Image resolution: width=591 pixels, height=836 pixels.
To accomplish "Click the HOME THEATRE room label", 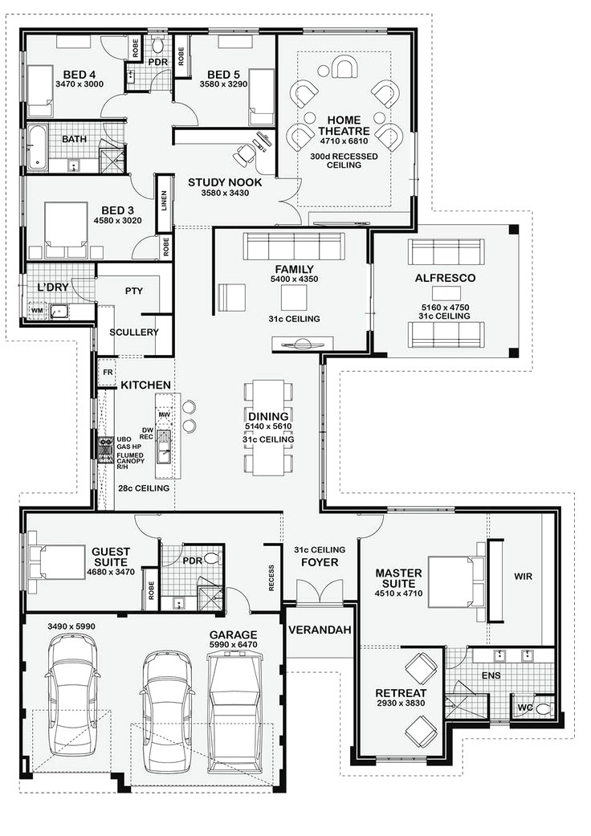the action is [x=344, y=125].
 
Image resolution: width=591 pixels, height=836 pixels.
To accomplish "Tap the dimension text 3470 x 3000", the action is [x=79, y=84].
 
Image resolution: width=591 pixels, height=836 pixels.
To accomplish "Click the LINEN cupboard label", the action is [x=164, y=201].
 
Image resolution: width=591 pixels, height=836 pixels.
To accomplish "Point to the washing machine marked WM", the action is [x=37, y=311].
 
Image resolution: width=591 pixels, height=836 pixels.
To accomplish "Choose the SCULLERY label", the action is [x=134, y=332].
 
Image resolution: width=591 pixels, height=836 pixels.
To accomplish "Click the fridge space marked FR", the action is [x=108, y=372].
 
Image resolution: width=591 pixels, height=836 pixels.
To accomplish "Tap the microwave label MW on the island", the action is [x=164, y=414].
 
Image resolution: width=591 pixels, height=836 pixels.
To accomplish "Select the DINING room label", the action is [x=268, y=416].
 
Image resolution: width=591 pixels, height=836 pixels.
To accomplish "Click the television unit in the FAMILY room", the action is [x=302, y=345].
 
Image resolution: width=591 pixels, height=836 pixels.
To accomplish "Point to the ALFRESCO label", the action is [x=445, y=278].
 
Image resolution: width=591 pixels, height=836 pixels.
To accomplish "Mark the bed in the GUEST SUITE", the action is [x=56, y=562].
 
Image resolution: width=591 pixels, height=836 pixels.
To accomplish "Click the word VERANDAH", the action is [x=320, y=630].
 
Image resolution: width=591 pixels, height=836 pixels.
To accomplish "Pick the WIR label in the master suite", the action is [x=523, y=577].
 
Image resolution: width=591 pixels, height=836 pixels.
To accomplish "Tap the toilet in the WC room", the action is [x=543, y=709].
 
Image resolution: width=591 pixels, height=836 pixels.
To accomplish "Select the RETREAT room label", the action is [x=401, y=693].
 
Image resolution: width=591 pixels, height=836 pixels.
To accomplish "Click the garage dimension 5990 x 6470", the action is [x=233, y=645].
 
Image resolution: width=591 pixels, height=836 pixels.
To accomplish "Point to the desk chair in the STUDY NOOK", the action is [x=246, y=154].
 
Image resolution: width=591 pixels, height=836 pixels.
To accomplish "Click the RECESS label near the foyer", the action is [x=271, y=578].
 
